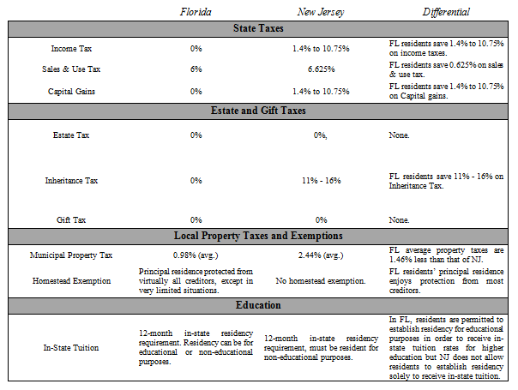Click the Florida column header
196,12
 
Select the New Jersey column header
321,12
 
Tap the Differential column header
445,12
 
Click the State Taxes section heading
259,29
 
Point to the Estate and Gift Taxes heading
259,111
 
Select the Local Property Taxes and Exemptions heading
259,235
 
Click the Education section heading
259,304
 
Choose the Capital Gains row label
71,89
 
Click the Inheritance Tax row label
71,181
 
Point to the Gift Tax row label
71,219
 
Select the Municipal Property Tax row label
71,255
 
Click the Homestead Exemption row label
71,279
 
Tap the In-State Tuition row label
71,347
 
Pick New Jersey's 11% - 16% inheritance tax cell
321,181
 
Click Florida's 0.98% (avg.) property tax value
196,255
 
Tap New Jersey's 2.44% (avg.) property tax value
321,255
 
